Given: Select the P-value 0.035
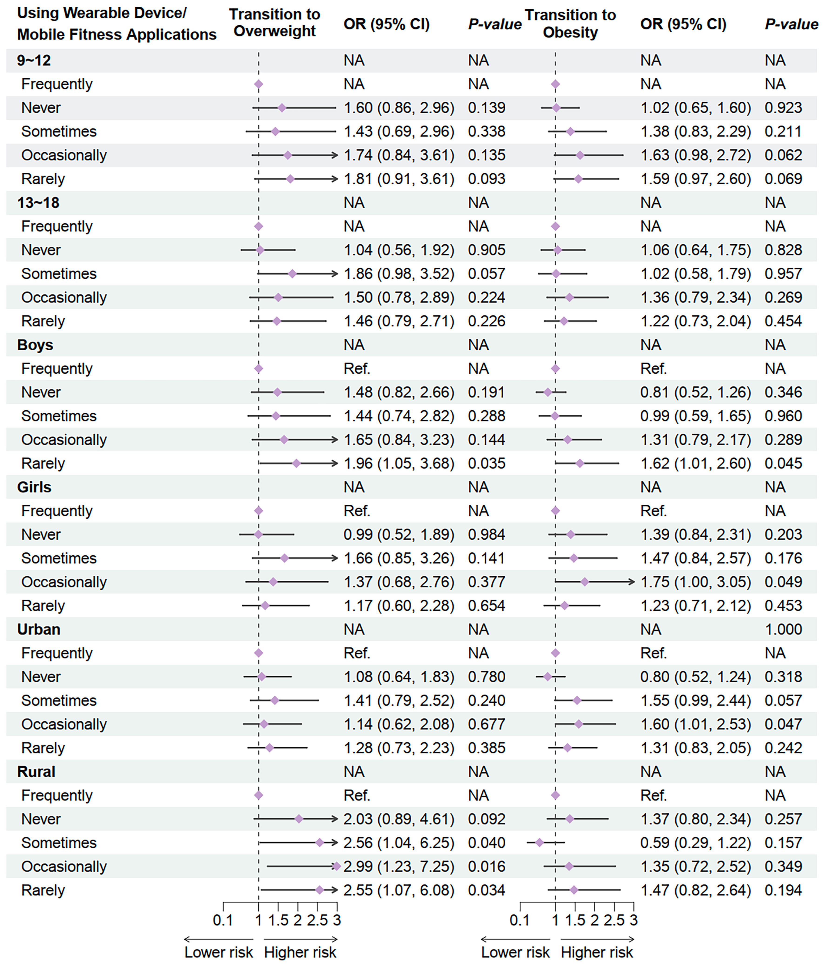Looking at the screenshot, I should (486, 463).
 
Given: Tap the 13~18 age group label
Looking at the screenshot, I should (38, 203).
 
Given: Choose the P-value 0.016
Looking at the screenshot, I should (486, 866).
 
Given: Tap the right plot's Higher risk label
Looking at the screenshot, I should (597, 952).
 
